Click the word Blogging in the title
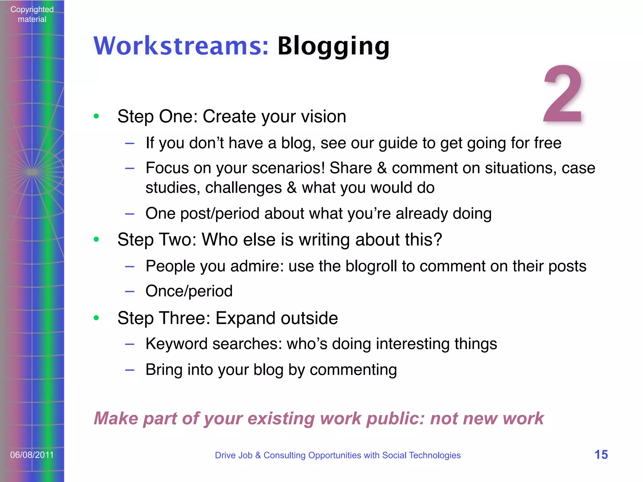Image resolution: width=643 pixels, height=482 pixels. point(333,46)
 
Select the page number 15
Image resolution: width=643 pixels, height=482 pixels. point(601,455)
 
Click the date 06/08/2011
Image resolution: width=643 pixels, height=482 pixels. point(32,455)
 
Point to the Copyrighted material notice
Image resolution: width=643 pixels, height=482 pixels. point(32,14)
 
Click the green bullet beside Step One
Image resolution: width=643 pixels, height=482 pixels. point(96,116)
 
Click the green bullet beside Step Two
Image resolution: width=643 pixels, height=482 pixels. point(96,239)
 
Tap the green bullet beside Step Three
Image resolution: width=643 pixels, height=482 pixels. point(96,318)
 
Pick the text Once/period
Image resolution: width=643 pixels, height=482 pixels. point(189,291)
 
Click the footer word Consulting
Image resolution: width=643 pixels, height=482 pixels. point(284,455)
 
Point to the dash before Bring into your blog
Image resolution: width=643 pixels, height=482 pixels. point(130,370)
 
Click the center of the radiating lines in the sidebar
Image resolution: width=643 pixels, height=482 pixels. point(32,172)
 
